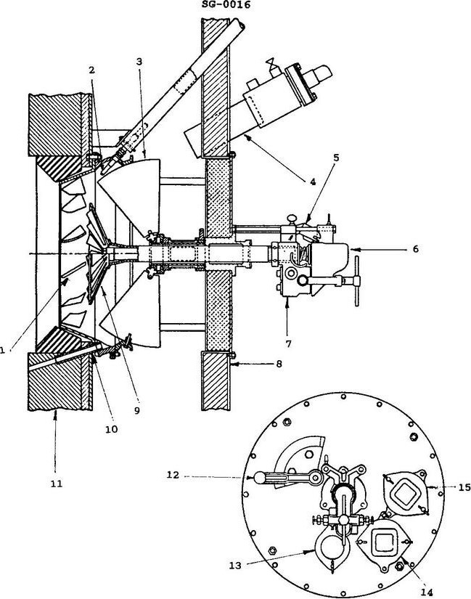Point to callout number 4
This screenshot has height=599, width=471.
[x=314, y=183]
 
